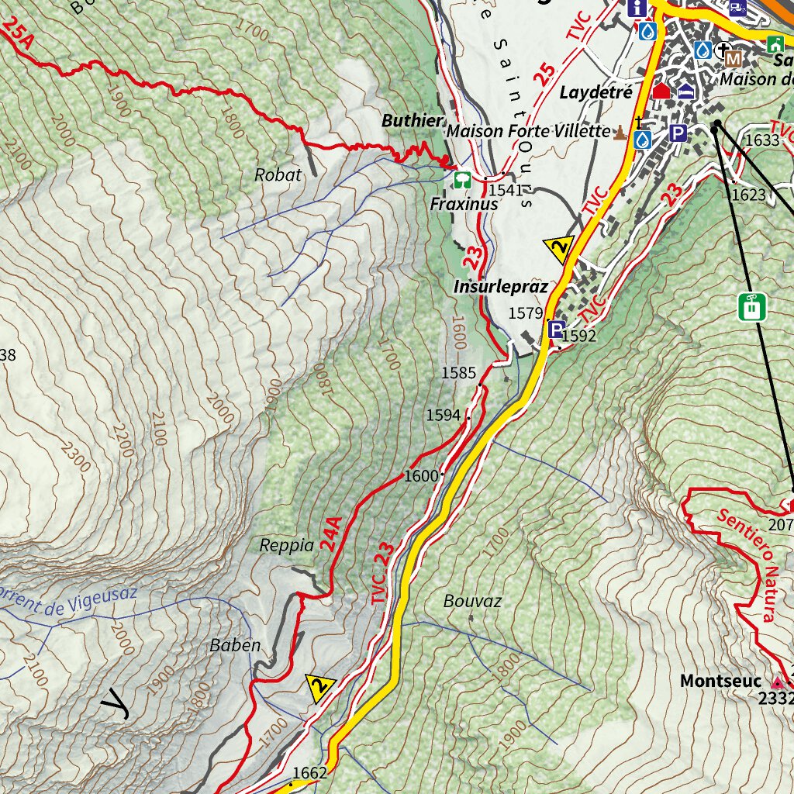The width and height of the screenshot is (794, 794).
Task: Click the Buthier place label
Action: point(413,121)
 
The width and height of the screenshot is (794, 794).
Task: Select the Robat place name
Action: point(278,175)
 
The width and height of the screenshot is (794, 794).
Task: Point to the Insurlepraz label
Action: point(500,287)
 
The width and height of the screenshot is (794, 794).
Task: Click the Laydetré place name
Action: point(596,93)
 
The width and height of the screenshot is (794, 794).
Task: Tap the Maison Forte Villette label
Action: point(528,131)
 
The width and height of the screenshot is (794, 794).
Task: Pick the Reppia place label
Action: point(287,545)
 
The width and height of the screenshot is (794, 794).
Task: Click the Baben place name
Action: point(235,645)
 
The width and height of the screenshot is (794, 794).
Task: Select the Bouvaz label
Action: point(472,601)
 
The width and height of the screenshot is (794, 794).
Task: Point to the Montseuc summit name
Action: point(720,681)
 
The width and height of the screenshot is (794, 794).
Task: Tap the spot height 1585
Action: point(458,373)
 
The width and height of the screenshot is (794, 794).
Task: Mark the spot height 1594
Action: point(443,416)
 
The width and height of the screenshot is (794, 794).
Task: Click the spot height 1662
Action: point(310,772)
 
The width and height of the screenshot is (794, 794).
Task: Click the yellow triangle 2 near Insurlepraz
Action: point(558,249)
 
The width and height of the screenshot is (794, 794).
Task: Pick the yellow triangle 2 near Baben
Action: point(319,686)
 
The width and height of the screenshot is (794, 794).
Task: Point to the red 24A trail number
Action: point(332,534)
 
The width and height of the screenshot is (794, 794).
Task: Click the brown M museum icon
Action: point(733,58)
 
